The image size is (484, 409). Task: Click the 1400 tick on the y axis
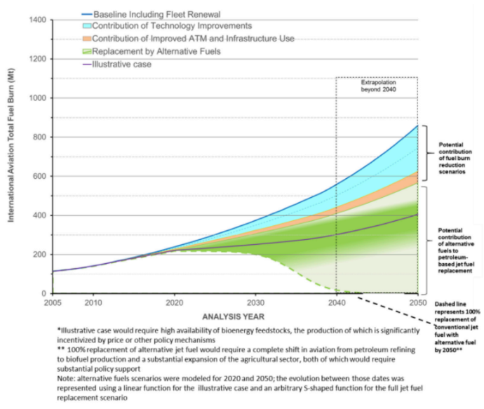(x=38, y=20)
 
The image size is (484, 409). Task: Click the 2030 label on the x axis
(x=255, y=302)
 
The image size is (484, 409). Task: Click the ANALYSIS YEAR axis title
(x=234, y=316)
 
